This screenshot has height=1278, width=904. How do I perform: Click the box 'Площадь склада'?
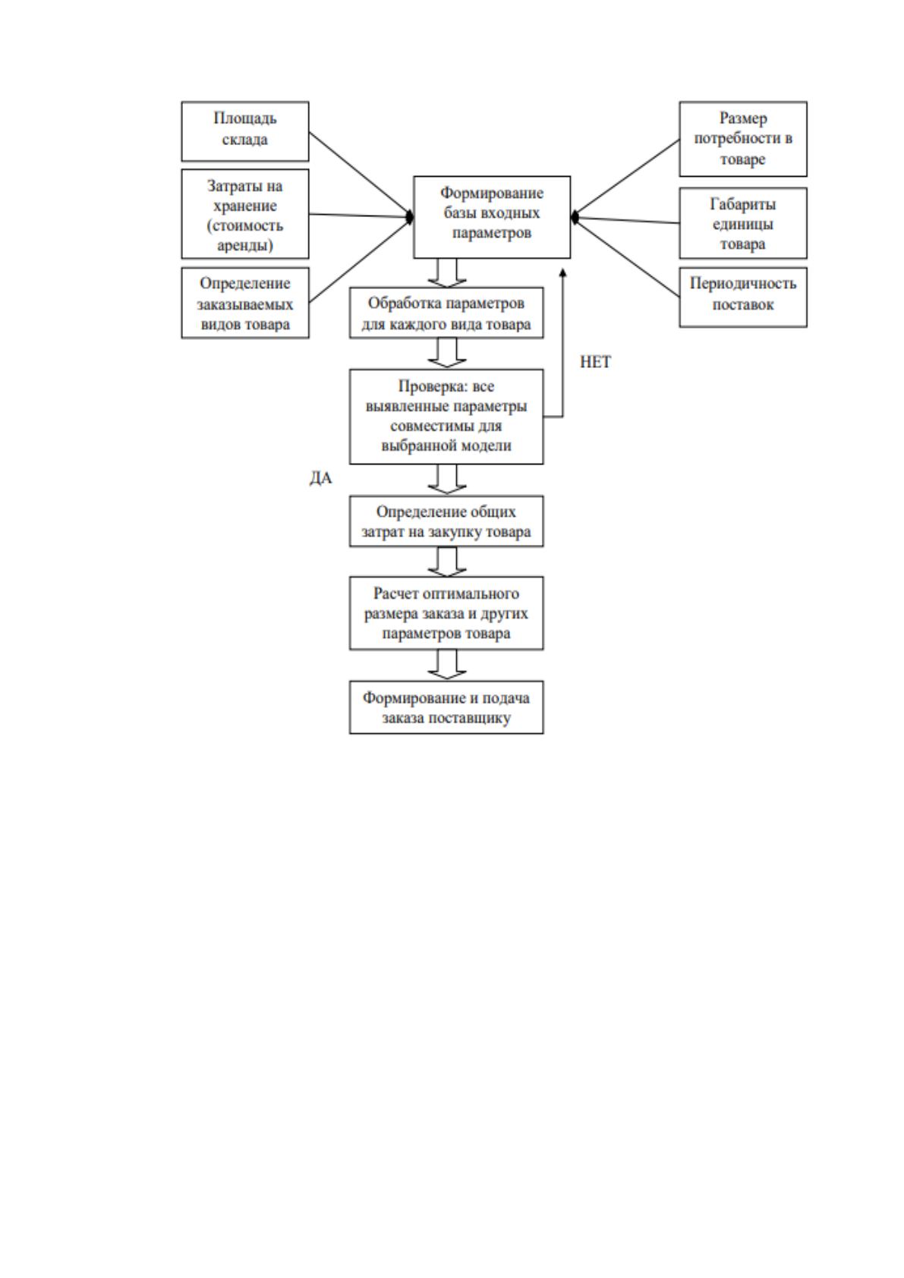pyautogui.click(x=245, y=131)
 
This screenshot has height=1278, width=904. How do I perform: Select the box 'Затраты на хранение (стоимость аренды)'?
pyautogui.click(x=245, y=214)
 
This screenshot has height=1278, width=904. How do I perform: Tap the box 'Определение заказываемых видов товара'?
pyautogui.click(x=245, y=303)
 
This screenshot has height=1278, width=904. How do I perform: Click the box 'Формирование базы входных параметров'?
pyautogui.click(x=491, y=217)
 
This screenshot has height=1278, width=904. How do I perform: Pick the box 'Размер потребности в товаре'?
pyautogui.click(x=742, y=139)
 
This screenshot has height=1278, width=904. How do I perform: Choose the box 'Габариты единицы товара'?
pyautogui.click(x=742, y=223)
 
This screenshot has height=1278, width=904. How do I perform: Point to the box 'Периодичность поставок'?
pyautogui.click(x=742, y=297)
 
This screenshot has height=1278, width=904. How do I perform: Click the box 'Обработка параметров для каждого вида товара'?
pyautogui.click(x=446, y=313)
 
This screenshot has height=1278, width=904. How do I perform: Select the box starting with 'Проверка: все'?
pyautogui.click(x=446, y=417)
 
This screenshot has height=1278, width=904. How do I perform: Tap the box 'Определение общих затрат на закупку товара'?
pyautogui.click(x=446, y=521)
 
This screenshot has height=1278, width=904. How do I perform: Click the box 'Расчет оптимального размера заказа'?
pyautogui.click(x=446, y=613)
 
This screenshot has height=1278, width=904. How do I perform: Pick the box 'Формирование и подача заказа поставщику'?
pyautogui.click(x=446, y=707)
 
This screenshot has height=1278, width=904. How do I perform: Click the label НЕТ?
pyautogui.click(x=594, y=362)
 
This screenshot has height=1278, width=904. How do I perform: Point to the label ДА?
pyautogui.click(x=321, y=478)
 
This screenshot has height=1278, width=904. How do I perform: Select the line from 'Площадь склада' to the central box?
pyautogui.click(x=361, y=175)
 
